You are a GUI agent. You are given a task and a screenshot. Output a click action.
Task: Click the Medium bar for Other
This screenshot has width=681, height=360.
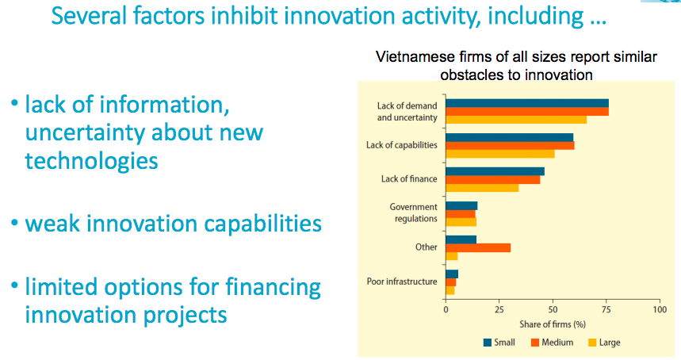click(x=478, y=248)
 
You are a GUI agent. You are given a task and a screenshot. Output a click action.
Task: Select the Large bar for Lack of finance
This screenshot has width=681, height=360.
click(x=482, y=188)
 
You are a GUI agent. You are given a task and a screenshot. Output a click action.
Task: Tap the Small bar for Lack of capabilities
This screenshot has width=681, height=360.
click(x=510, y=138)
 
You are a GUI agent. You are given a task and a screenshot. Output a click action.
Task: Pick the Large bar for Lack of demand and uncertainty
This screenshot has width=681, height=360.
click(x=516, y=120)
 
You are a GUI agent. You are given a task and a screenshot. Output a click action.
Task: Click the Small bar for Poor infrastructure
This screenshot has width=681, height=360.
click(x=452, y=274)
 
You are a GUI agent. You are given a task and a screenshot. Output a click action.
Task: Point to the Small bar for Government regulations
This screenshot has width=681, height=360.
click(x=461, y=206)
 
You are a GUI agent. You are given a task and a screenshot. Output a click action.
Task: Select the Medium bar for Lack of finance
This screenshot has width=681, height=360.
click(x=493, y=180)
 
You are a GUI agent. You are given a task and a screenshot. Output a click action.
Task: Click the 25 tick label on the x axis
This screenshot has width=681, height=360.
click(x=499, y=309)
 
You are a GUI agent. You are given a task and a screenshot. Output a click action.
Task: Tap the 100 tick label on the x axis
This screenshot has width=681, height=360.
click(x=660, y=309)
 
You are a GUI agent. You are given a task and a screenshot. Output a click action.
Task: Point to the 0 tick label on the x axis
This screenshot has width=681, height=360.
click(x=446, y=309)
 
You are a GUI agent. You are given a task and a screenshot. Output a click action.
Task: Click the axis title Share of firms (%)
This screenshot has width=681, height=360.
click(x=553, y=324)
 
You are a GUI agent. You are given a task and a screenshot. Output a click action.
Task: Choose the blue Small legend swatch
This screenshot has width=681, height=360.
click(x=488, y=343)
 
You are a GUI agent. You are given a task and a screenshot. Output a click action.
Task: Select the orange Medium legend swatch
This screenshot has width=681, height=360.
click(x=535, y=343)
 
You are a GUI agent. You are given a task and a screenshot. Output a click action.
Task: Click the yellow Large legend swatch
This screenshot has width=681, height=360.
click(x=592, y=343)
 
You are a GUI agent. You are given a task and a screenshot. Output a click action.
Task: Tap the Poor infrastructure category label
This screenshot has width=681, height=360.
click(x=402, y=281)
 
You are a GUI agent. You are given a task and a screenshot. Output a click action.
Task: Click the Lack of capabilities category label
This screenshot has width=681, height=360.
click(x=402, y=145)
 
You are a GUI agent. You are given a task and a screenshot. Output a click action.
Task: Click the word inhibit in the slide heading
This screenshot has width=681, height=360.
click(x=244, y=16)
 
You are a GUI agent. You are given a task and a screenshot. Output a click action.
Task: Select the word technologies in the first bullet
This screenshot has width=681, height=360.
click(x=92, y=162)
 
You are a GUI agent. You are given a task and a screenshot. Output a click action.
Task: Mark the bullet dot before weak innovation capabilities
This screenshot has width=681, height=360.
click(x=15, y=223)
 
